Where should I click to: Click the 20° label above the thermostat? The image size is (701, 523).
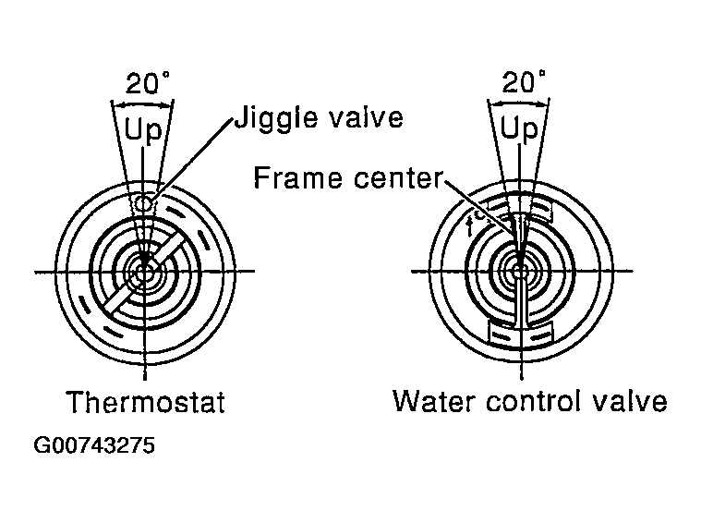(x=146, y=84)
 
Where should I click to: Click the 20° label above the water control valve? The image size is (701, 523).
(x=522, y=83)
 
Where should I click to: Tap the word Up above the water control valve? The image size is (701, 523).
(x=519, y=130)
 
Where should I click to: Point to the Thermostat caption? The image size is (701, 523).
(x=145, y=403)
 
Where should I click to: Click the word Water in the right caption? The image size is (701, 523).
(x=429, y=403)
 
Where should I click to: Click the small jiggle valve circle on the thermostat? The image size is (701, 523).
(x=142, y=202)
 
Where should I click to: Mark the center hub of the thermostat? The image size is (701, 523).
(x=144, y=273)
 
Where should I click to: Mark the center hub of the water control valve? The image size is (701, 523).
(x=520, y=273)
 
